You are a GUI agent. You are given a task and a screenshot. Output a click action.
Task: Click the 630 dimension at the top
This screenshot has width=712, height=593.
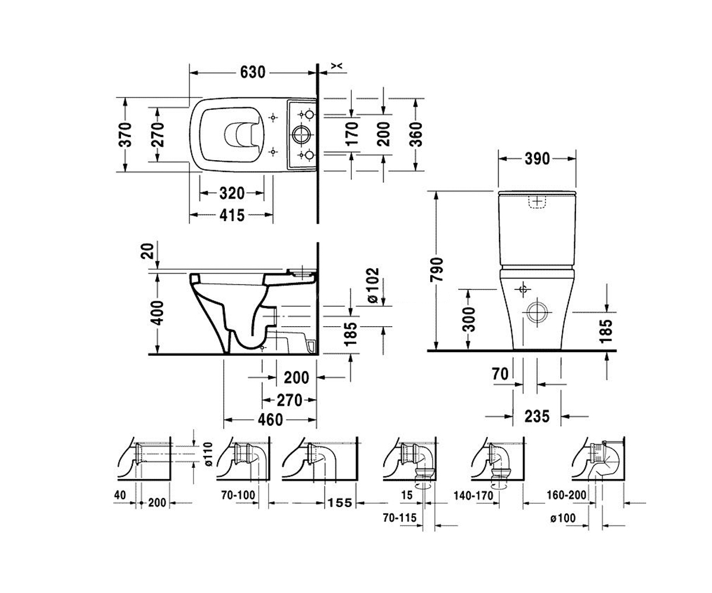point(252,72)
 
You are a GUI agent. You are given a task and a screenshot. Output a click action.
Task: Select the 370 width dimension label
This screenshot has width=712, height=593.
point(125,135)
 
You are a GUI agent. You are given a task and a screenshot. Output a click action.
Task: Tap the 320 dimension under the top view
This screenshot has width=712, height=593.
point(232,193)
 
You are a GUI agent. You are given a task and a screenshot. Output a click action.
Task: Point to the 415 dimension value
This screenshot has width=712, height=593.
point(232,215)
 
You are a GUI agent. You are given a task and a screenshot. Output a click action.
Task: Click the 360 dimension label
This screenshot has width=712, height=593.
point(416,134)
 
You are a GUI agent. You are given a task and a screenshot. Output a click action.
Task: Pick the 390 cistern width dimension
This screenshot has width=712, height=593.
point(537,158)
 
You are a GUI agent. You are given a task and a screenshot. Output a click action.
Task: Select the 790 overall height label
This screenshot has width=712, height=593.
point(437,270)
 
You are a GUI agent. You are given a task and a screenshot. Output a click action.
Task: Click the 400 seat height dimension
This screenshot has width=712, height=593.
point(157,313)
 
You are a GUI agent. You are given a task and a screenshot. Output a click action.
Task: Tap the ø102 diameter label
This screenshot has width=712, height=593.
point(373,285)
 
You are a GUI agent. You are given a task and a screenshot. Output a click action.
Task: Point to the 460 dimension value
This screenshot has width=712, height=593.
point(270,420)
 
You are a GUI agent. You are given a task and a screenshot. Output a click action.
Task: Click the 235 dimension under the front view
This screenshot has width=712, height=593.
point(537,416)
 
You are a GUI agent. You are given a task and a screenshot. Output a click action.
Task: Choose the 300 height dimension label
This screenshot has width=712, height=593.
point(469,320)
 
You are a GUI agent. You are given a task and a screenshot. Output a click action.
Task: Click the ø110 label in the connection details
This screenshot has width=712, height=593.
point(209,454)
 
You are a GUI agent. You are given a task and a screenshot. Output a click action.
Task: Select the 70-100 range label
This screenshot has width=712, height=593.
point(238,495)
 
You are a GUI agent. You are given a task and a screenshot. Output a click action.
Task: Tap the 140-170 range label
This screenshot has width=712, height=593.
point(473,496)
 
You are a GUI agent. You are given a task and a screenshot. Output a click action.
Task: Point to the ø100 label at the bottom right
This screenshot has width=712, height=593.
point(562,518)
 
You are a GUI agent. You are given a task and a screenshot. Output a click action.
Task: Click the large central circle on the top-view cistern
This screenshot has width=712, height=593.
point(301,135)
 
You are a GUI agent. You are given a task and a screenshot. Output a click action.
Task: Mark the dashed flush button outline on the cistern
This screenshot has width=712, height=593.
point(537,202)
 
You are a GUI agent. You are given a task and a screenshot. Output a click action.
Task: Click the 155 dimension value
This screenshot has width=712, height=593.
point(339,503)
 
